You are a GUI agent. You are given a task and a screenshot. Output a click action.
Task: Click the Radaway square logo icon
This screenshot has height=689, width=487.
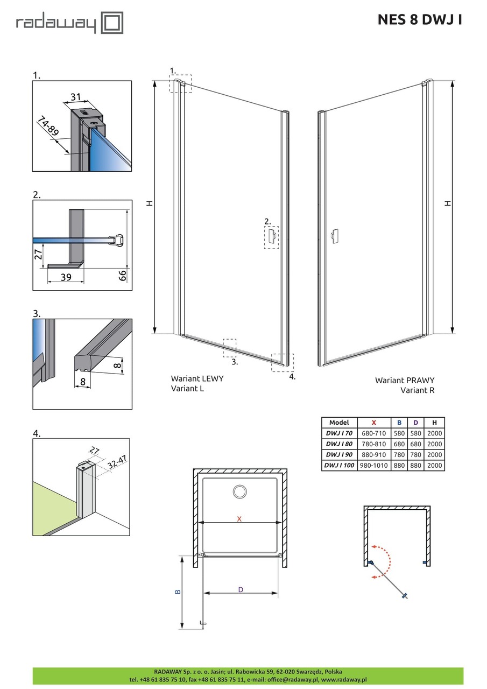112,23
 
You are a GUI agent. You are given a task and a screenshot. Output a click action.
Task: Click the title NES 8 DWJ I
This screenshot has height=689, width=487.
419,20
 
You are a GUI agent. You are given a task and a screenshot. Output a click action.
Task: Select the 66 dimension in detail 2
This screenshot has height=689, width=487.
122,276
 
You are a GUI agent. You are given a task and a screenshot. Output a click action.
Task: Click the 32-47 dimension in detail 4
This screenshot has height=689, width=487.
117,461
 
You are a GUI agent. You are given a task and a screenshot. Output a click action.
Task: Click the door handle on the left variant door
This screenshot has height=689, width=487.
272,235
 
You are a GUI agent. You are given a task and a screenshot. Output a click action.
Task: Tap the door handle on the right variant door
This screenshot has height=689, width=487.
334,236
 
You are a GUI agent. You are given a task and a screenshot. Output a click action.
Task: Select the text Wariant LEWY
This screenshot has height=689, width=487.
197,378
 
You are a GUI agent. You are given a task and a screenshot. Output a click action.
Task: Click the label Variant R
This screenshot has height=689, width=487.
417,390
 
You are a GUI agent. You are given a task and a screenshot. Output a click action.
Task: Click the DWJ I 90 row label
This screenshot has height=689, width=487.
338,455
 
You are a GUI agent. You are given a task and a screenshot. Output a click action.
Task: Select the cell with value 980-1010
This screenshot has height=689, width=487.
373,466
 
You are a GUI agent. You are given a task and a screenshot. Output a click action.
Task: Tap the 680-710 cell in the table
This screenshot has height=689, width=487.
373,433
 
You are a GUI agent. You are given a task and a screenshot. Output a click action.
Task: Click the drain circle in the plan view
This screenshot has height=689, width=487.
239,491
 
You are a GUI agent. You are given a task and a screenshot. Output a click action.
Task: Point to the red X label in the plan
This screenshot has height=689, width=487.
240,518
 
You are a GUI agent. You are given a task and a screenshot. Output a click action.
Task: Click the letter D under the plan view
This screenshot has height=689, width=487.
241,589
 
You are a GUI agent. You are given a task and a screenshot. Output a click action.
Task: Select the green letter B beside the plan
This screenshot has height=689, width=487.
178,591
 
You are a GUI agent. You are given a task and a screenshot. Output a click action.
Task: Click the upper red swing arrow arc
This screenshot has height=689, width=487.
384,551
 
